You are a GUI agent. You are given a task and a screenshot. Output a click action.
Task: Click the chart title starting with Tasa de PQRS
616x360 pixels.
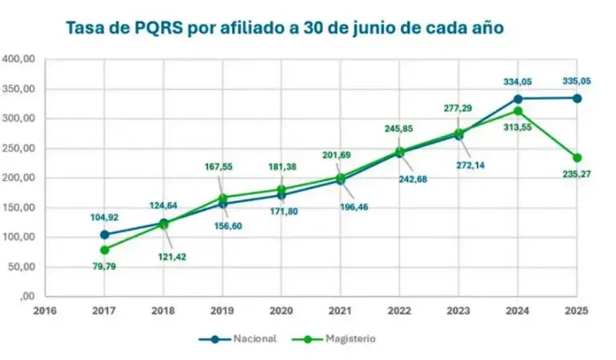pos(284,28)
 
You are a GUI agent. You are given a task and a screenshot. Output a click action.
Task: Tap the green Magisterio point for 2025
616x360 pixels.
pos(577,157)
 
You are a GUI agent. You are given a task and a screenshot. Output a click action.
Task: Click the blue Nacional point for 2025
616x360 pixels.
pos(577,98)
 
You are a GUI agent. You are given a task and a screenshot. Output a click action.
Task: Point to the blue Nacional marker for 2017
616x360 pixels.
pos(104,234)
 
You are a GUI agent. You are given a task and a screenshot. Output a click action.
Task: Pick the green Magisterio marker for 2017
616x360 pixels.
pos(104,249)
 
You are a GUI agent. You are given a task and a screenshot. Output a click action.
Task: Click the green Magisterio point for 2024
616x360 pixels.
pos(518,111)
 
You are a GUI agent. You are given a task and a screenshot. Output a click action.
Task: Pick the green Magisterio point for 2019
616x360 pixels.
pos(223,197)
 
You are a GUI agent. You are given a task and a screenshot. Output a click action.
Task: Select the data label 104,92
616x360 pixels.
pos(103,216)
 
